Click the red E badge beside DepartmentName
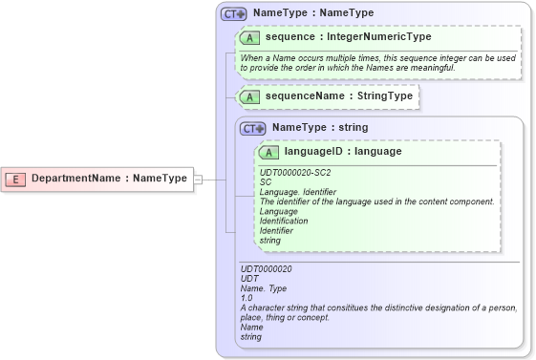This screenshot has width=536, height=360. coord(15,179)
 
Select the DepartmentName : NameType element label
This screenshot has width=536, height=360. coord(109,179)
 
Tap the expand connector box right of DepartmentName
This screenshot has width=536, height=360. coord(199,179)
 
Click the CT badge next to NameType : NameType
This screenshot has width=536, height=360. coord(233,14)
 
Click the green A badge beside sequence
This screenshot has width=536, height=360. coord(249,37)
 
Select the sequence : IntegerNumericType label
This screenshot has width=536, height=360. coord(348,37)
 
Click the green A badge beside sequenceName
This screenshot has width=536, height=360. coord(249,96)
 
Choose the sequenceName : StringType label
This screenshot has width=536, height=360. coord(338,96)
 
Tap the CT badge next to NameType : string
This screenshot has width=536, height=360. coord(252,128)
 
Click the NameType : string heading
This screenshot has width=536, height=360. coord(319,128)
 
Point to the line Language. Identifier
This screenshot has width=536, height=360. coord(298,192)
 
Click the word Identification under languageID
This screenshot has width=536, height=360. coord(284,221)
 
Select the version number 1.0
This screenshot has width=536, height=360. coord(247,298)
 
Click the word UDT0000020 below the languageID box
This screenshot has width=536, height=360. coord(267,269)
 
